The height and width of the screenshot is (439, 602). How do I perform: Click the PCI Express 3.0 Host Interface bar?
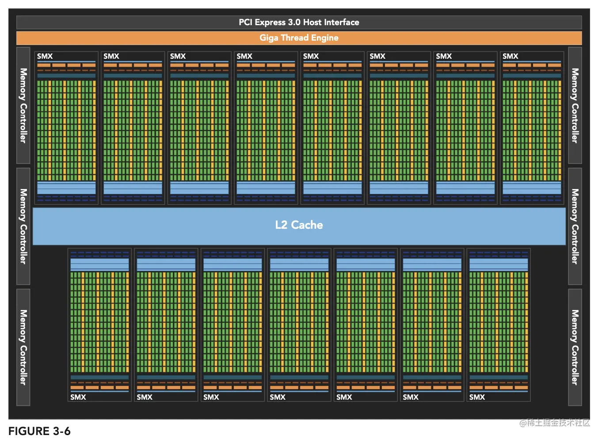(299, 23)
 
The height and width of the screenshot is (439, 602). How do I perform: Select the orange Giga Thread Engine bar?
(299, 38)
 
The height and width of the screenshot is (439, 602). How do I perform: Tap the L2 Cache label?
(299, 225)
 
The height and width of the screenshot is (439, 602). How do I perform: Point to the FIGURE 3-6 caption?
(39, 431)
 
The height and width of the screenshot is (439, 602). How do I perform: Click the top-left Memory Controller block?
(23, 106)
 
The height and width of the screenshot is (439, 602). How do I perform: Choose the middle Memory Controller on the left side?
(23, 226)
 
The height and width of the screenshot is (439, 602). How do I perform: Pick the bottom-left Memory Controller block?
(23, 347)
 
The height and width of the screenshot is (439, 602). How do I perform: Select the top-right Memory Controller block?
(575, 106)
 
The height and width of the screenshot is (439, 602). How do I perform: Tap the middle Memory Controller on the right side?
(575, 226)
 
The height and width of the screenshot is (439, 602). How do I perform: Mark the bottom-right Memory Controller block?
(575, 347)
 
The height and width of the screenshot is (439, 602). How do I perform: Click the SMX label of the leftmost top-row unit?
(45, 57)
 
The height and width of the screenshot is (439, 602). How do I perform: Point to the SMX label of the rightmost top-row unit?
(511, 57)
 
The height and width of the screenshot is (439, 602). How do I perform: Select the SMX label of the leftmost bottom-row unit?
(78, 397)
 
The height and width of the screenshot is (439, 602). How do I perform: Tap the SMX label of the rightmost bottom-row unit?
(477, 397)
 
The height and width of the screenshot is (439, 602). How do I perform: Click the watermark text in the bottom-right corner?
(555, 423)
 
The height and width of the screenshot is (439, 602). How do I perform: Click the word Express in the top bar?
(270, 23)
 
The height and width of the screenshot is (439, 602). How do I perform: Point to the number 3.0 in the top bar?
(294, 23)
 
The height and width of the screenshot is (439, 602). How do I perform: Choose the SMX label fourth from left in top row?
(244, 57)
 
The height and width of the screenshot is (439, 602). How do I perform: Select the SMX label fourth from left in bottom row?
(278, 397)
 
